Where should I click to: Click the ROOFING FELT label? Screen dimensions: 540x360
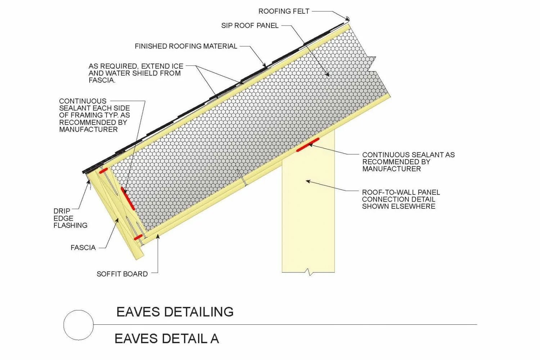284,11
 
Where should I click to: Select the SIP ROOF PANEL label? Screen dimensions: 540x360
250,26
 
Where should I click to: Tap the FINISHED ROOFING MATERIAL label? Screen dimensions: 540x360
186,46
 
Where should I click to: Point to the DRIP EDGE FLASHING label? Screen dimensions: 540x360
70,218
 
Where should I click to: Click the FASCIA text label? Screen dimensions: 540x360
83,248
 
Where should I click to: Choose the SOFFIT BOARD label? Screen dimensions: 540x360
122,274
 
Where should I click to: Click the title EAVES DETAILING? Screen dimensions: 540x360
175,312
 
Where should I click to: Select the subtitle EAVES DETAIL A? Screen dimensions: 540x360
167,339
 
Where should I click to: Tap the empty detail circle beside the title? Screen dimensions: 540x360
78,325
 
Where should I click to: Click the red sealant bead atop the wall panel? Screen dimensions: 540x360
308,145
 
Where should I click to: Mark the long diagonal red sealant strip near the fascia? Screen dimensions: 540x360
128,198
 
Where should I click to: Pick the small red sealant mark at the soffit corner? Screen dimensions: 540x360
138,237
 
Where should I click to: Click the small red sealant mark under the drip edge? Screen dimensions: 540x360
103,171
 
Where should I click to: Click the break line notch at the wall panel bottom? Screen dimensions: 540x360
308,272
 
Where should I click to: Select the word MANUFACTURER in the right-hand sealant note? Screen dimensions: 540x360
391,169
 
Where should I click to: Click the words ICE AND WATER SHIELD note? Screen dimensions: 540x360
136,73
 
